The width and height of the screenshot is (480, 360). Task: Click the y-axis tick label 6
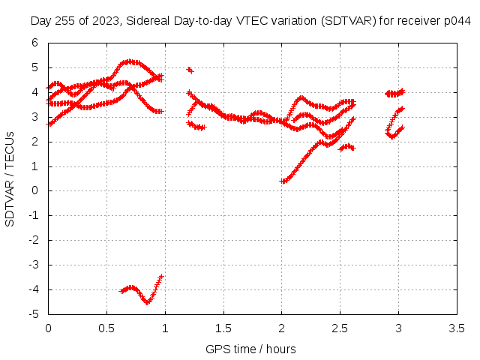tap(34, 43)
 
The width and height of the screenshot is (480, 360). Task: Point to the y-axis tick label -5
tap(33, 314)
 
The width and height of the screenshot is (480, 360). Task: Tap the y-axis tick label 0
tap(34, 190)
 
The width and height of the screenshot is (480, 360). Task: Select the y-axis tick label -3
tap(33, 265)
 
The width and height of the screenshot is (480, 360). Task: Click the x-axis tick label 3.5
tap(457, 328)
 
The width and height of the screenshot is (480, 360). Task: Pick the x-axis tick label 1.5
tap(223, 328)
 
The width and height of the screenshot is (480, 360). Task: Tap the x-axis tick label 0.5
tap(106, 328)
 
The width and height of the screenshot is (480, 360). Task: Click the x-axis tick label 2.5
tap(340, 328)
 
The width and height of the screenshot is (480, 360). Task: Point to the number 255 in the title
tap(65, 21)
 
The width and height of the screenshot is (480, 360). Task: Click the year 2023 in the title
tap(106, 21)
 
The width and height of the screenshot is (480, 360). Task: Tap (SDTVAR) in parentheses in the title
tap(348, 21)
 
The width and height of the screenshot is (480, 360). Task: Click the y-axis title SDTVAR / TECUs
tap(10, 179)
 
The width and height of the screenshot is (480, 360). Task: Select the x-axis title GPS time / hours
tap(250, 349)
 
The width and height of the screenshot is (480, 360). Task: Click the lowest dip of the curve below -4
tap(148, 302)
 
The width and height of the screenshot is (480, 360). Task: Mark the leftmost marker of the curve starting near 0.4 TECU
tap(282, 181)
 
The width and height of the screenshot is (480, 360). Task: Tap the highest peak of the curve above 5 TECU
tap(130, 61)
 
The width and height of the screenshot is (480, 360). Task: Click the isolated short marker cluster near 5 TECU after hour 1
tap(190, 70)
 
